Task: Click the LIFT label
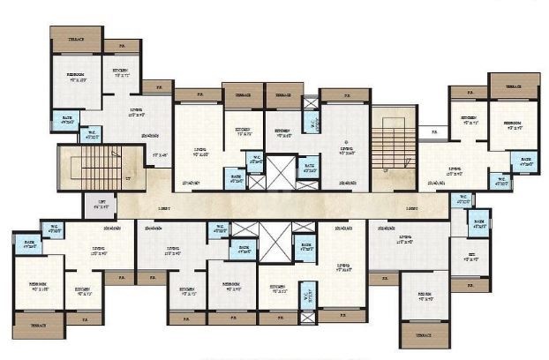click(102, 202)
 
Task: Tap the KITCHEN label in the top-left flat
click(120, 71)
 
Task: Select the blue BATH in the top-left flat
click(66, 118)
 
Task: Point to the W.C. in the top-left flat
click(92, 135)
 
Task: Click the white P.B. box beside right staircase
click(432, 133)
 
